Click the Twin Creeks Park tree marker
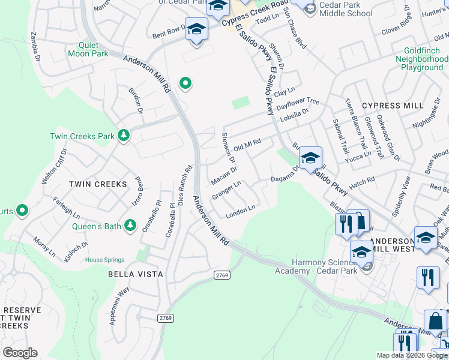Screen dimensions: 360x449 124,136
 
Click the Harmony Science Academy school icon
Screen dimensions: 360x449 362,253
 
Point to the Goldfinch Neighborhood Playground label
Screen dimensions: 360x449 423,59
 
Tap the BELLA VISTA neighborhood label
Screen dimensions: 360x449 135,274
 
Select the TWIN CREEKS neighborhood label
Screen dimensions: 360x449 98,184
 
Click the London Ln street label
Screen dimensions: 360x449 241,211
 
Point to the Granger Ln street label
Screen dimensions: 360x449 226,193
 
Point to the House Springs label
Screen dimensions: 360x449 104,260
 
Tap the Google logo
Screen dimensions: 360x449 19,353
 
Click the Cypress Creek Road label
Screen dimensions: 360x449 255,13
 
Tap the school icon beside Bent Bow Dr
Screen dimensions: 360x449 196,31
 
